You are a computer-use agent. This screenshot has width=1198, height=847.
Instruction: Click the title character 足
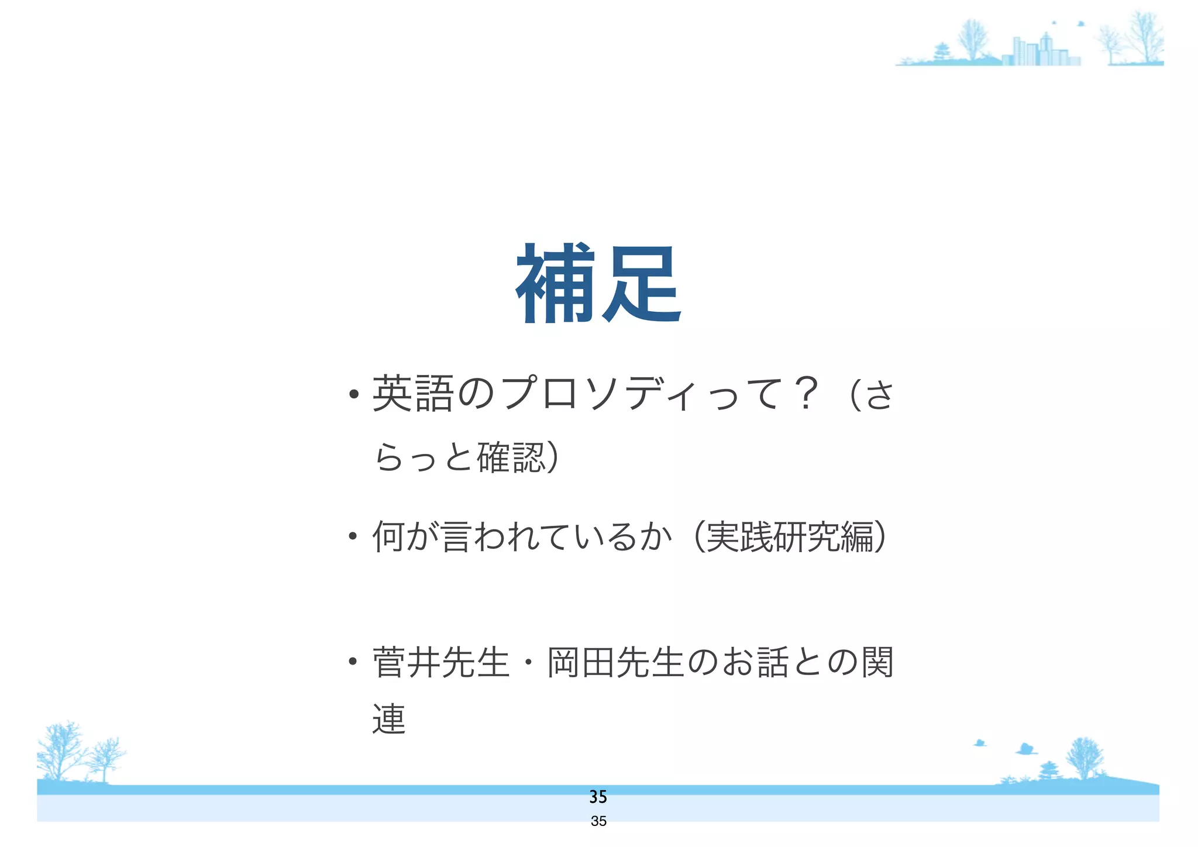click(x=641, y=285)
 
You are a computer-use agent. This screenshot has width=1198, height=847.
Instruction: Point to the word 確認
click(x=512, y=457)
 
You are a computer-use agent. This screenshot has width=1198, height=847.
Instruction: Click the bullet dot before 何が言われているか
click(x=352, y=536)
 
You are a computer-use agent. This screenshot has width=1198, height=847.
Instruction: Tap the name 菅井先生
click(x=440, y=663)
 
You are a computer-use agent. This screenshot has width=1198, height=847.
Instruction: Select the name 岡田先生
click(x=615, y=663)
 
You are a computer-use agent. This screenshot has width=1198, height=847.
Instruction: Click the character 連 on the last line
click(x=389, y=719)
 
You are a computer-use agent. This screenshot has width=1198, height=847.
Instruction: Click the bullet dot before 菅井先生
click(x=352, y=662)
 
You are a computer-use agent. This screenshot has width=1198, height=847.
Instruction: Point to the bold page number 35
click(x=598, y=797)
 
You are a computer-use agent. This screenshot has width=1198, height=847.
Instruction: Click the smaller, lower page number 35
click(x=598, y=821)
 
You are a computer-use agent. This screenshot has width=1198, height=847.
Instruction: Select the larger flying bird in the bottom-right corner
click(x=1025, y=749)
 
